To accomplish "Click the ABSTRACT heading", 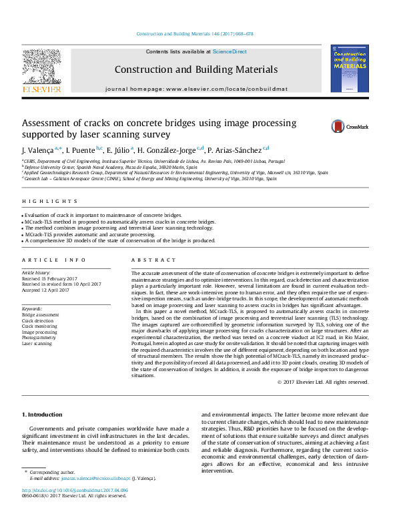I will point(149,260).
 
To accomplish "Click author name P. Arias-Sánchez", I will point(236,150).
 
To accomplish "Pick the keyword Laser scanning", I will point(37,344).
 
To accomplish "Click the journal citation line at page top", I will point(198,33).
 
